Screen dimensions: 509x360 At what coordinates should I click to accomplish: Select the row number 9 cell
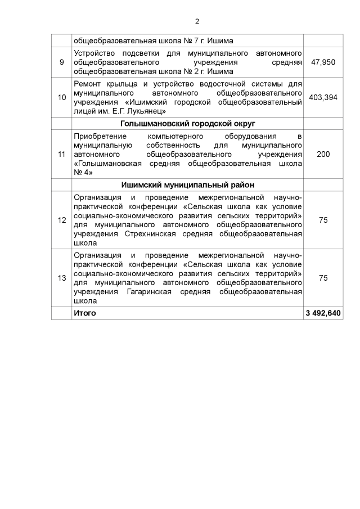pyautogui.click(x=61, y=61)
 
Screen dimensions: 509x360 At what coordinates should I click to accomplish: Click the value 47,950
pyautogui.click(x=323, y=61)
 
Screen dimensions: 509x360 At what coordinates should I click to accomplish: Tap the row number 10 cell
pyautogui.click(x=61, y=97)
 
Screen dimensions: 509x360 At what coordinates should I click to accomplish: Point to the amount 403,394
pyautogui.click(x=323, y=97)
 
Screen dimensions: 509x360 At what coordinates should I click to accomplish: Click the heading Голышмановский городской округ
pyautogui.click(x=188, y=123)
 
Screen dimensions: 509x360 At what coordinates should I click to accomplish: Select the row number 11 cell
pyautogui.click(x=61, y=154)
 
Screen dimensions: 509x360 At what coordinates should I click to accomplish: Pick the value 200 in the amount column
pyautogui.click(x=323, y=154)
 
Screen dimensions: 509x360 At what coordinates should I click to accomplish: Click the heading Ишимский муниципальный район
pyautogui.click(x=188, y=184)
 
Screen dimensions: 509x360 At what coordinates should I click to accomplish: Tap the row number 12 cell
pyautogui.click(x=61, y=220)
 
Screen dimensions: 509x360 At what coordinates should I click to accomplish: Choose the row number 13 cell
pyautogui.click(x=61, y=278)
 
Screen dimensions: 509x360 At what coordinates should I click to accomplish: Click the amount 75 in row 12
pyautogui.click(x=323, y=220)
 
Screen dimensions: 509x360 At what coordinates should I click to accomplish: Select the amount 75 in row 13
pyautogui.click(x=323, y=278)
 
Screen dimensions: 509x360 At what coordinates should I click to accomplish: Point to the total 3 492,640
pyautogui.click(x=323, y=313)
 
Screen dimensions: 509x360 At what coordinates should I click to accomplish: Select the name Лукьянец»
pyautogui.click(x=146, y=112)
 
